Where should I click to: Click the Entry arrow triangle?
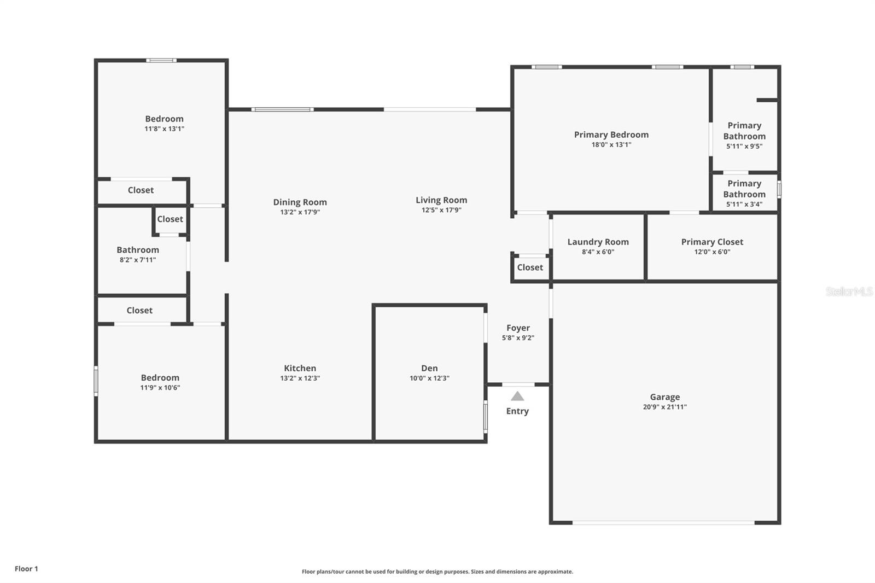(517, 397)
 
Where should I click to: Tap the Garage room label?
(665, 397)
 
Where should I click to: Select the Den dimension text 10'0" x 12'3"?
(429, 378)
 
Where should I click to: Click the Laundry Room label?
(598, 242)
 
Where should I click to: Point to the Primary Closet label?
(712, 242)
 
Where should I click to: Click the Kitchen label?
(300, 368)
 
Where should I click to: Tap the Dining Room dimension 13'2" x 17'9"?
(300, 212)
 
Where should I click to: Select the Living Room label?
(441, 200)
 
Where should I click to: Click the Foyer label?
(518, 328)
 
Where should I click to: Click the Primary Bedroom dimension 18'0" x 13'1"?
(611, 145)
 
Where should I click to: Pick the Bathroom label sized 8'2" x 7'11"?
(138, 250)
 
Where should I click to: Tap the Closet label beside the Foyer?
(530, 267)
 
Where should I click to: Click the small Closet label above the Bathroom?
(170, 219)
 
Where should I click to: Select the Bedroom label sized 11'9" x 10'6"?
(160, 377)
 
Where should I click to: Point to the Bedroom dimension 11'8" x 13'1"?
(164, 129)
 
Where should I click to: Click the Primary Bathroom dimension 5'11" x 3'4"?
(744, 205)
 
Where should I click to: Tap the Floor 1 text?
(26, 569)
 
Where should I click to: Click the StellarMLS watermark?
(849, 291)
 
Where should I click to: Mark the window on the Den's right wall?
(485, 417)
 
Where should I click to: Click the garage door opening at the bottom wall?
(663, 523)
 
